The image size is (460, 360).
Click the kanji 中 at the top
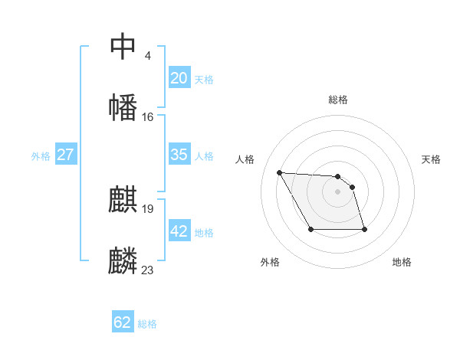click(x=123, y=47)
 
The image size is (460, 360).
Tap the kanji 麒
click(x=123, y=201)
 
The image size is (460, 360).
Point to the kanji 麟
click(x=123, y=261)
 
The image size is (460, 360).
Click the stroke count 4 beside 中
click(x=147, y=56)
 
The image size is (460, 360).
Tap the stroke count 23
click(x=147, y=270)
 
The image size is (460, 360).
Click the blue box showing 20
click(x=179, y=78)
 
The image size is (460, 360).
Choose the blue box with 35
click(x=179, y=155)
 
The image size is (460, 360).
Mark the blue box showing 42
click(x=179, y=231)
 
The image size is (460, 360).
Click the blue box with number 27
click(x=65, y=155)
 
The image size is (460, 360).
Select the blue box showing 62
click(x=123, y=322)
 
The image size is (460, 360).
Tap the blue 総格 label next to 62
click(x=148, y=324)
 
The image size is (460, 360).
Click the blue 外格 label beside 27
click(x=41, y=156)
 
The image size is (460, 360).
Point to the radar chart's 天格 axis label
click(x=432, y=159)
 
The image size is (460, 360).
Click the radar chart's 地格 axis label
click(x=402, y=262)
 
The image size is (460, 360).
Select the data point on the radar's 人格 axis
click(x=279, y=172)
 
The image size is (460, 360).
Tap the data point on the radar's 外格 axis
click(x=310, y=229)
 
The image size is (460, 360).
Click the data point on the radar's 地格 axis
click(x=364, y=229)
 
